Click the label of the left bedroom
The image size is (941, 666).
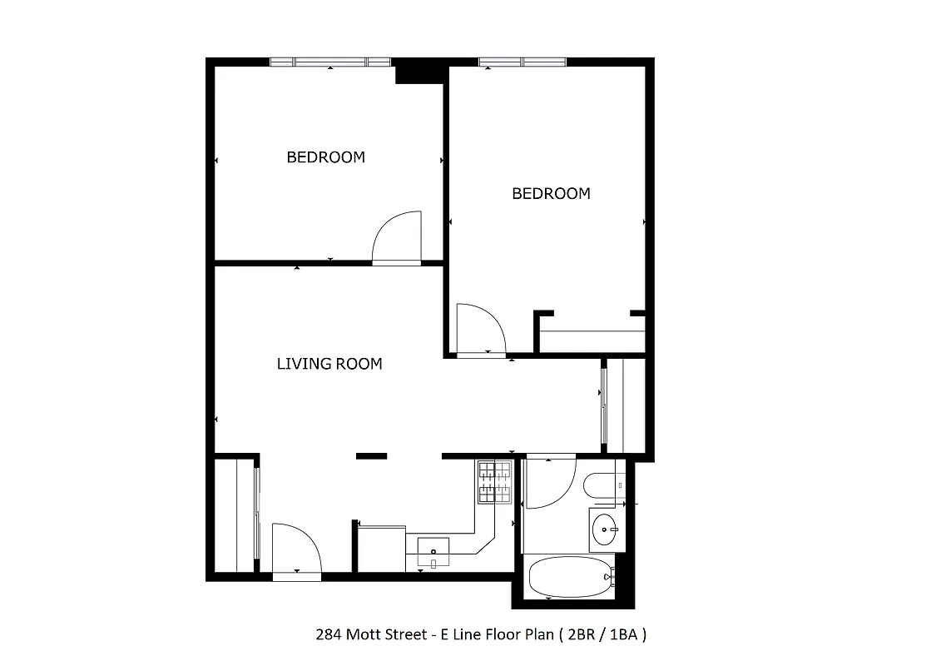pyautogui.click(x=325, y=157)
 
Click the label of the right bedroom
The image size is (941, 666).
pyautogui.click(x=551, y=193)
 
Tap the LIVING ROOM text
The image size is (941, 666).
pyautogui.click(x=329, y=363)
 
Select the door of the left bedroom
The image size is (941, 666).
pyautogui.click(x=398, y=238)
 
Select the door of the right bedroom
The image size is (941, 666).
pyautogui.click(x=481, y=330)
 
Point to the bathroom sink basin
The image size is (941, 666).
pyautogui.click(x=606, y=527)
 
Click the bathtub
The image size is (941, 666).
pyautogui.click(x=571, y=577)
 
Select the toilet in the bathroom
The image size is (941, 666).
pyautogui.click(x=601, y=485)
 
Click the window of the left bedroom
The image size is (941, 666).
pyautogui.click(x=330, y=62)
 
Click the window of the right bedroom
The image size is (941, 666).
pyautogui.click(x=522, y=62)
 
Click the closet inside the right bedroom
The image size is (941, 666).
pyautogui.click(x=592, y=340)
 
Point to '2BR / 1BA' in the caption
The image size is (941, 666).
pyautogui.click(x=605, y=634)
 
